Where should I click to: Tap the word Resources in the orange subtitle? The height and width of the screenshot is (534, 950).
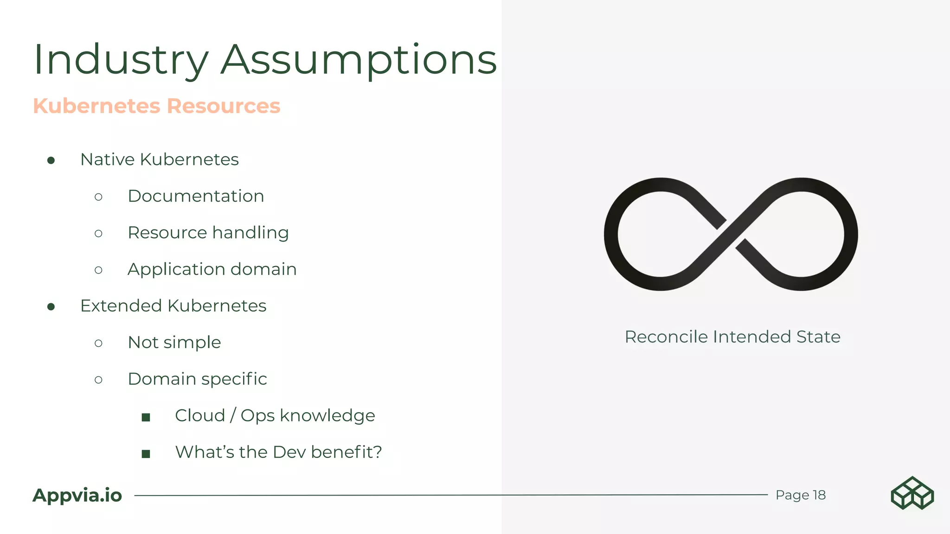click(x=224, y=106)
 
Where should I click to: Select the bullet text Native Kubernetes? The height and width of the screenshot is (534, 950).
click(x=159, y=159)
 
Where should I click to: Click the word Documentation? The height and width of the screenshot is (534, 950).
click(x=196, y=196)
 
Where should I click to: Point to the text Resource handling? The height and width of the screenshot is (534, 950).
click(x=208, y=233)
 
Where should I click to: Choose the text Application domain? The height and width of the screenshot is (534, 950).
click(x=212, y=269)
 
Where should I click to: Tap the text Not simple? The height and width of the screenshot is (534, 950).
click(x=174, y=343)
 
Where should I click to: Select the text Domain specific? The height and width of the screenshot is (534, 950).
click(x=197, y=379)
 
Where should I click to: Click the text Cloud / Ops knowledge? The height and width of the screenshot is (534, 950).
click(x=275, y=416)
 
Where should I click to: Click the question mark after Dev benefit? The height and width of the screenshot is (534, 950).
click(x=378, y=452)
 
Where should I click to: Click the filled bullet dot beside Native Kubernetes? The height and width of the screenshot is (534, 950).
click(x=51, y=160)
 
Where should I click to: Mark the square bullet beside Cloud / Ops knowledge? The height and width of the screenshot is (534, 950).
click(x=146, y=417)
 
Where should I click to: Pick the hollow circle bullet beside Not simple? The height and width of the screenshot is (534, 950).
click(x=98, y=343)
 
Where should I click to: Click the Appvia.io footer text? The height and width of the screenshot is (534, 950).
click(x=77, y=495)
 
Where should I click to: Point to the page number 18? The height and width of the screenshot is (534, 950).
click(x=819, y=495)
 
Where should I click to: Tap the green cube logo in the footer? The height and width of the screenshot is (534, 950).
click(x=912, y=493)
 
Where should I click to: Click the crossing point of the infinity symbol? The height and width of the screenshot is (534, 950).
click(x=731, y=235)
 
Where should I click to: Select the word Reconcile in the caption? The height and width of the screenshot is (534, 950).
click(x=666, y=337)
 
